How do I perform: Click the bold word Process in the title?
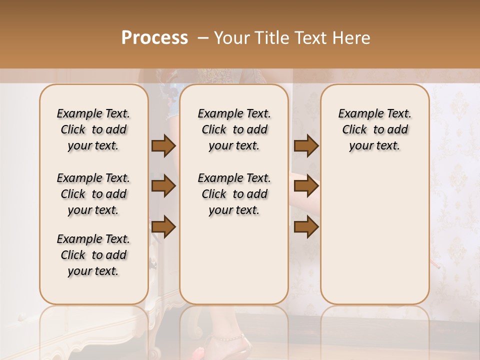[154, 38]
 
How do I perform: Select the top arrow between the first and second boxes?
[163, 146]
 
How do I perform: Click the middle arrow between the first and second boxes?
[163, 186]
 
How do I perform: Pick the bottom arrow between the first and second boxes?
[163, 227]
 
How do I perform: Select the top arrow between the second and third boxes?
[306, 146]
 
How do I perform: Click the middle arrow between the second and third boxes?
[306, 186]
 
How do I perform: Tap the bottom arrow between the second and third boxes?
[306, 227]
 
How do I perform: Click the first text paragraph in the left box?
[93, 129]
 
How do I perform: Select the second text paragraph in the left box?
[93, 194]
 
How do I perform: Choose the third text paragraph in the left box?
[93, 255]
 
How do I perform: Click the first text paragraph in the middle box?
[234, 129]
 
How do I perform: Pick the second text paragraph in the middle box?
[234, 194]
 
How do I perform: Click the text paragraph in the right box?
[374, 129]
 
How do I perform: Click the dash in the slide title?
[203, 38]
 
